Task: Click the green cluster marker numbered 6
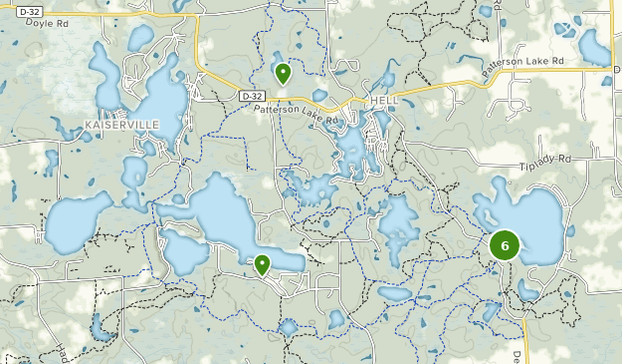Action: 506,244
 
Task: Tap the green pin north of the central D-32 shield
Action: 283,73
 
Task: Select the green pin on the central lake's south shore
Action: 262,264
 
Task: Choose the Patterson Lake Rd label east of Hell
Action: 523,67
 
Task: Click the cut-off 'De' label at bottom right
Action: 517,355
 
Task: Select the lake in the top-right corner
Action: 594,47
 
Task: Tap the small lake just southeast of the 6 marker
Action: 527,290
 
